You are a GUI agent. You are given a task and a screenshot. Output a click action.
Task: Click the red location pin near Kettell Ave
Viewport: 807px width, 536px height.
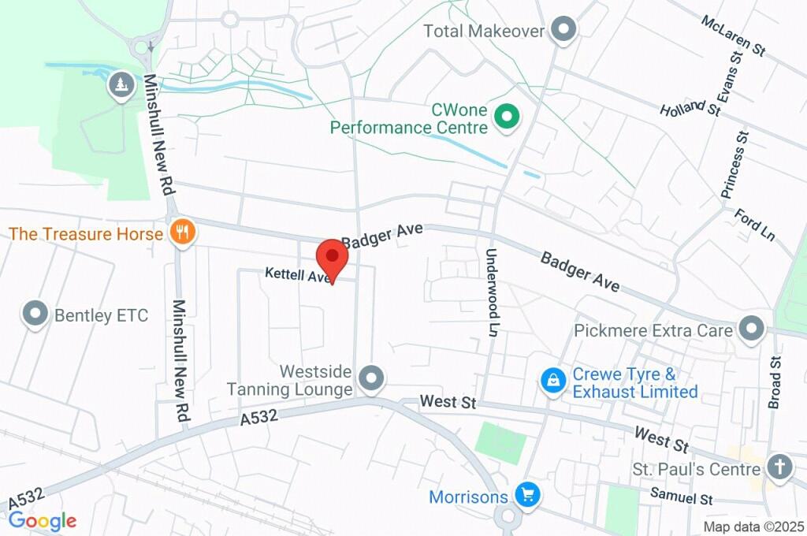(332, 258)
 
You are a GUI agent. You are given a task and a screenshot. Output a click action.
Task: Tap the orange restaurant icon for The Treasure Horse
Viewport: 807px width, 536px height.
(183, 233)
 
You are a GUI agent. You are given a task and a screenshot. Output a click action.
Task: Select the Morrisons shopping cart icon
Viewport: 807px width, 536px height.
(526, 496)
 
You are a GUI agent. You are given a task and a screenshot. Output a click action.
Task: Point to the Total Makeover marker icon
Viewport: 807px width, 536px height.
(563, 30)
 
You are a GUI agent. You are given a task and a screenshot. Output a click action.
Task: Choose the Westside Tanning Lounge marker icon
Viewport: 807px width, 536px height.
(370, 378)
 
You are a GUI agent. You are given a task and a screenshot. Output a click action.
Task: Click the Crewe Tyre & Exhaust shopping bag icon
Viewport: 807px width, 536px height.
(554, 381)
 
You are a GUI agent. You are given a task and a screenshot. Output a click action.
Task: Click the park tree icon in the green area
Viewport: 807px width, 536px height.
(120, 84)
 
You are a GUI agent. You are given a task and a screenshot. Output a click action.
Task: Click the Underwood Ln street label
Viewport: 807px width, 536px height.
(493, 292)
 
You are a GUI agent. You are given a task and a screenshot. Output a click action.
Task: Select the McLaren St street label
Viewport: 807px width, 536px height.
(732, 35)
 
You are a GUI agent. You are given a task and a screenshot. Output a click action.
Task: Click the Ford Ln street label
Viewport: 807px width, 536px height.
(755, 224)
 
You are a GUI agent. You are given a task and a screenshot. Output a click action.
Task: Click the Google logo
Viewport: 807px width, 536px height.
(43, 520)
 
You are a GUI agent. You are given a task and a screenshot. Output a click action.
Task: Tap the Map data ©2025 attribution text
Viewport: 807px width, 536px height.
(753, 526)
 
